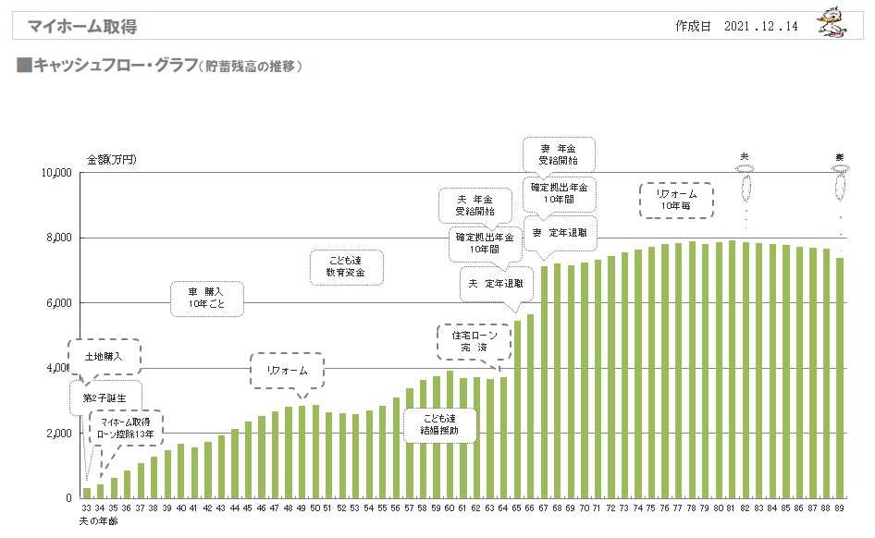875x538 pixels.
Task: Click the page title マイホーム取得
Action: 82,27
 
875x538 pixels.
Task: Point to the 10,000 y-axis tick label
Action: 57,173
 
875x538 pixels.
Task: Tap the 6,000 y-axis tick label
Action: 60,303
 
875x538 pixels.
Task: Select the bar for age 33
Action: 87,493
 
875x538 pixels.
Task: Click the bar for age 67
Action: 545,382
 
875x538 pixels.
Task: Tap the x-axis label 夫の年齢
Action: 98,521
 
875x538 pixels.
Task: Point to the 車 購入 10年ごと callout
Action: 207,298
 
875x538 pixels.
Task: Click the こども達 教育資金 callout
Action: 344,267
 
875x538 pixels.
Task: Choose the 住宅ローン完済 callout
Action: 474,341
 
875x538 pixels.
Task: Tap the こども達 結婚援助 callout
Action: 438,424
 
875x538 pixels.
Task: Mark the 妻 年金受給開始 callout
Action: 559,153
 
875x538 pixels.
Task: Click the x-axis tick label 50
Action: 314,509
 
